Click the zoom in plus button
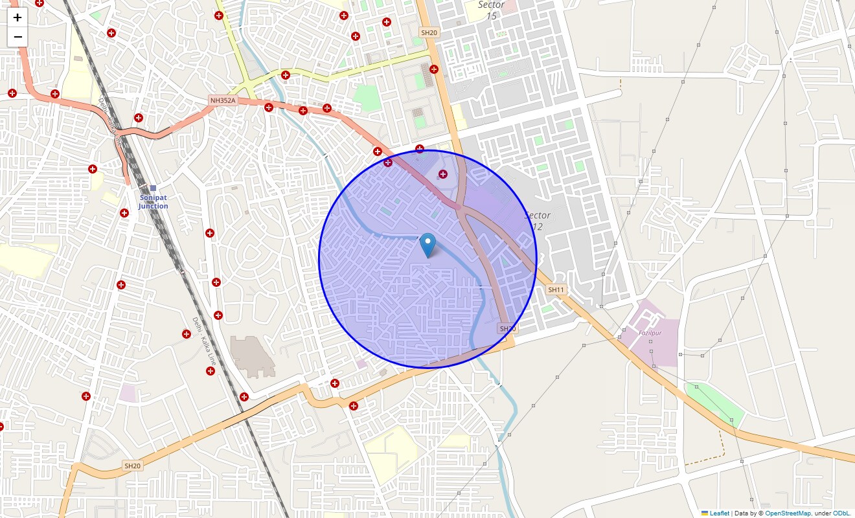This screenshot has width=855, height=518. click(17, 17)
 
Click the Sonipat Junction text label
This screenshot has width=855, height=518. click(153, 202)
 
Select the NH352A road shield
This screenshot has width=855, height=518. click(222, 100)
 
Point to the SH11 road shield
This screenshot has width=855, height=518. click(556, 289)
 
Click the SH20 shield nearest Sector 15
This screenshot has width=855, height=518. click(429, 32)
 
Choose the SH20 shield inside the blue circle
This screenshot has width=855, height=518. click(507, 329)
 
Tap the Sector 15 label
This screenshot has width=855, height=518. click(491, 10)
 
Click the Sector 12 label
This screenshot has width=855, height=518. click(537, 221)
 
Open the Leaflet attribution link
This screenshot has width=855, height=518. click(719, 513)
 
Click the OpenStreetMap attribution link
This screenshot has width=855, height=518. click(788, 513)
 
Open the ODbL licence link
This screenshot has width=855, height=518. click(842, 513)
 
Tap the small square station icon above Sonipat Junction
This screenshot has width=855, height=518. click(153, 188)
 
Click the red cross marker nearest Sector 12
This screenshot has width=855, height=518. click(443, 174)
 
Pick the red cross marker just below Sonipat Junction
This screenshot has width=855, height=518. click(124, 213)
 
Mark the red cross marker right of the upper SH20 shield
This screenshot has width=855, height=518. click(434, 69)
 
